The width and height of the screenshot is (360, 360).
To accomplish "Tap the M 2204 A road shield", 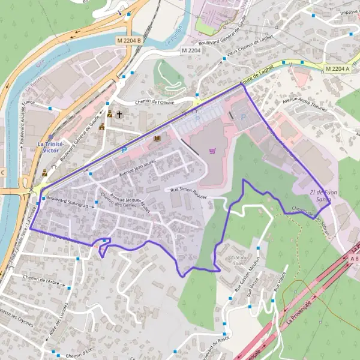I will pos(337,69).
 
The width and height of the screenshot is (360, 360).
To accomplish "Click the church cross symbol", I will pos(119,114).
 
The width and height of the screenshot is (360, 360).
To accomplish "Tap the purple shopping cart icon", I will pos(212,151).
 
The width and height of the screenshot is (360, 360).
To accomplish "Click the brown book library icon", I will pos(157,138).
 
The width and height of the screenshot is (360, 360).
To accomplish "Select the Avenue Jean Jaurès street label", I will pos(137,167).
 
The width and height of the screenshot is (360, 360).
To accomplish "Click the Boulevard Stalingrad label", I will pos(67,201).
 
